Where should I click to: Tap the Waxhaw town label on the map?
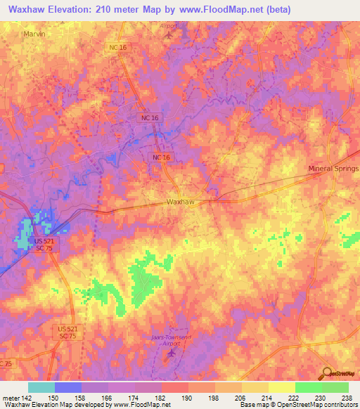pos(180,202)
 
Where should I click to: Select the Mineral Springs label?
pos(333,169)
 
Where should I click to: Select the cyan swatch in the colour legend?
pos(41,388)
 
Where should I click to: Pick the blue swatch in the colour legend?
pos(68,388)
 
